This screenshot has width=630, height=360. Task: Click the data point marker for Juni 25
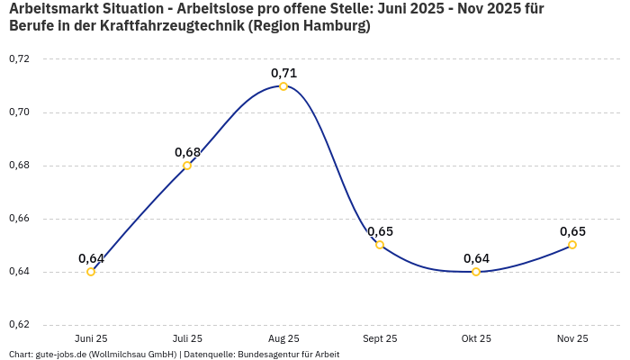tap(91, 272)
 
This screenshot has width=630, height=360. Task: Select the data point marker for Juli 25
tap(187, 166)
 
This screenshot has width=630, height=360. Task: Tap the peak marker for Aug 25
tap(283, 86)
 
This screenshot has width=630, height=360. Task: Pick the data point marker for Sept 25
tap(380, 245)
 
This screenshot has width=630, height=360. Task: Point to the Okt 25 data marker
tap(476, 272)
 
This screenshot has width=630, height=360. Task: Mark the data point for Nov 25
tap(572, 245)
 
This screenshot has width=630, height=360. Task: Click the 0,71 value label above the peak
tap(283, 73)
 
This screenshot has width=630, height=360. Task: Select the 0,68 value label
tap(187, 152)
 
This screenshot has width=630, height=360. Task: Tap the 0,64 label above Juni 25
tap(91, 258)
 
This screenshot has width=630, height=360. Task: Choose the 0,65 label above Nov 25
tap(572, 231)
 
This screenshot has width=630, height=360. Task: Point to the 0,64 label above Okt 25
tap(476, 258)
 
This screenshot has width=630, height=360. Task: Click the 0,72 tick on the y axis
tap(19, 59)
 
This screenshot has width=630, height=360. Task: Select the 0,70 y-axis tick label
tap(19, 112)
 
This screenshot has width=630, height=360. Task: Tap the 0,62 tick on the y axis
tap(19, 325)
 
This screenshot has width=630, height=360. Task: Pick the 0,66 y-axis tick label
tap(19, 219)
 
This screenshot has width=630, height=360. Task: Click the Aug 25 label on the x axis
tap(283, 339)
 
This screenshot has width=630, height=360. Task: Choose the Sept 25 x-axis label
tap(380, 339)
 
